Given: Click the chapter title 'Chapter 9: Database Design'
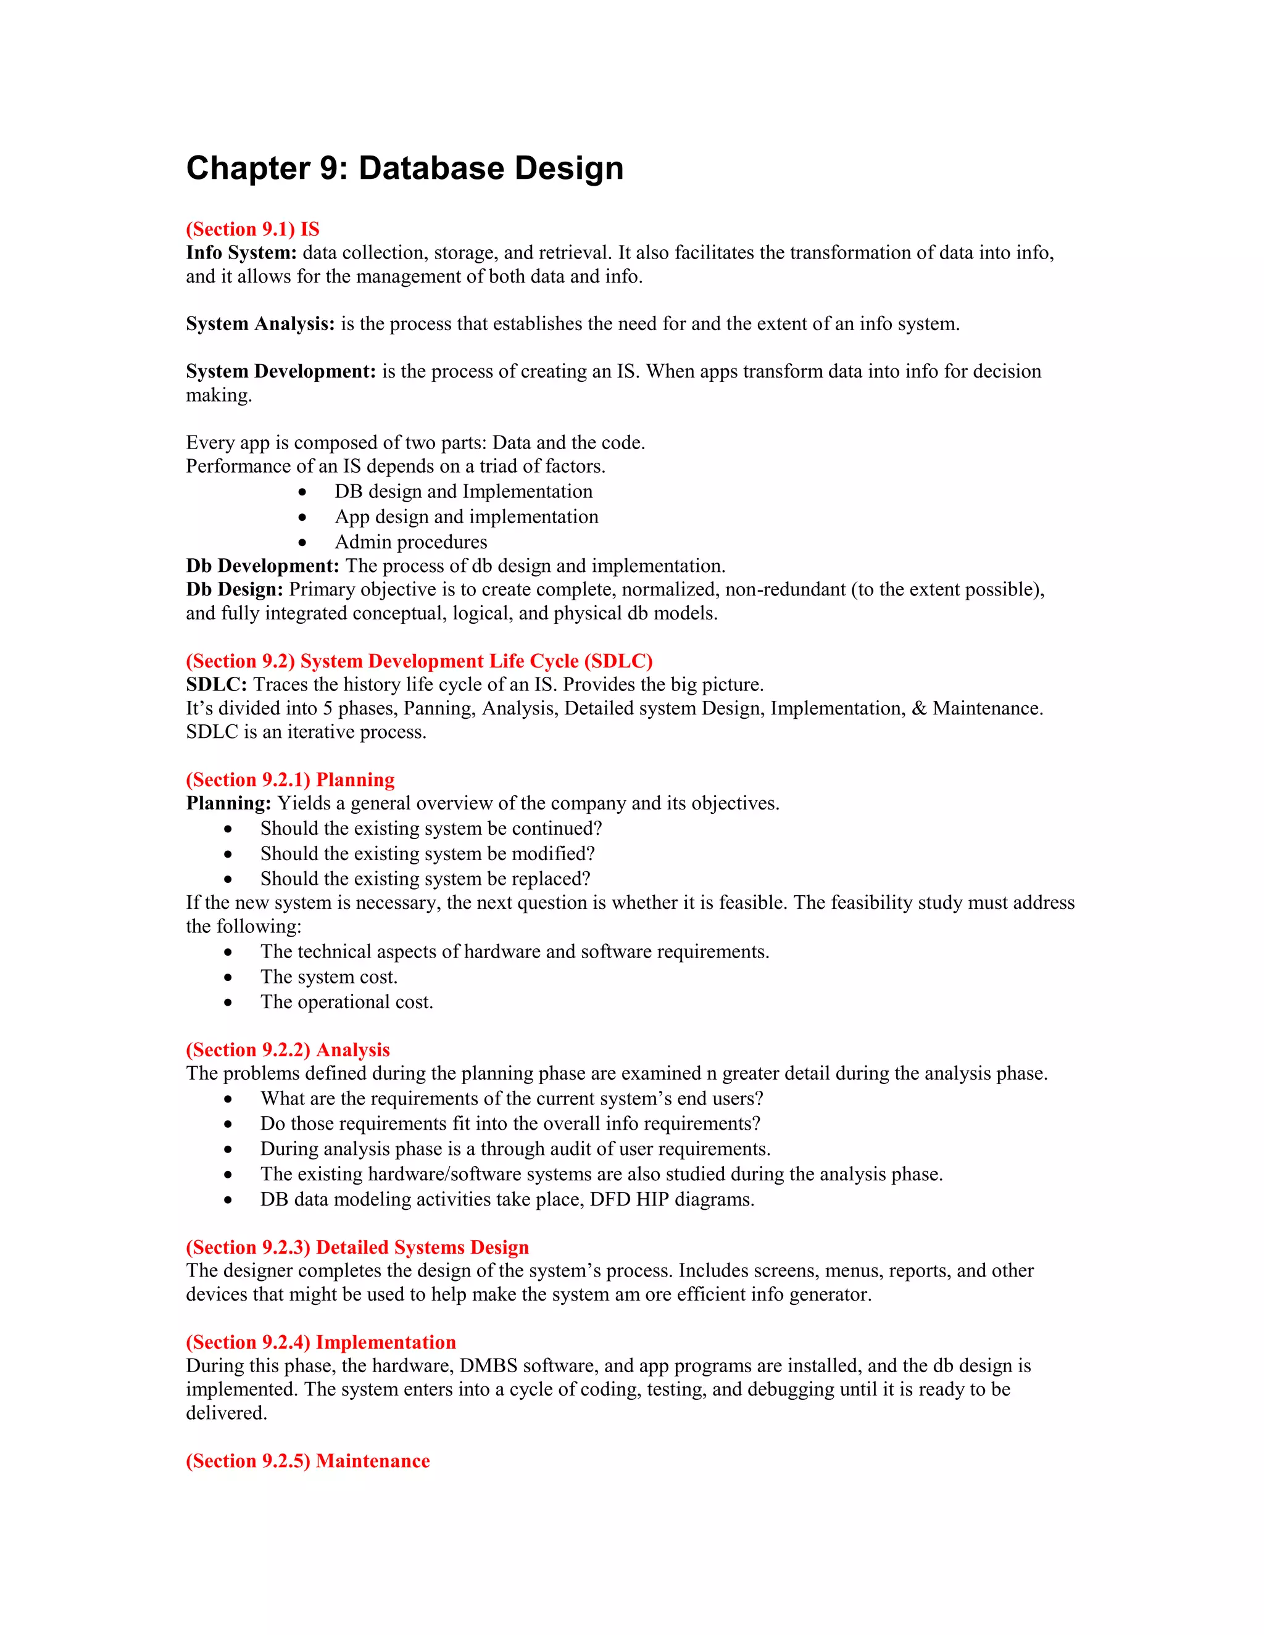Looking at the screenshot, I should [404, 168].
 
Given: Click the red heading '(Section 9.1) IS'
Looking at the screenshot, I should [252, 229].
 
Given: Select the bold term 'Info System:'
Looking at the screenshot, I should [241, 253].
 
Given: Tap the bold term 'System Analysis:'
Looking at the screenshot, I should [260, 324].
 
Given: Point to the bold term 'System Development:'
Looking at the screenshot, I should [281, 371].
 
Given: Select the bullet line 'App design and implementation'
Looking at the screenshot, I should [466, 516].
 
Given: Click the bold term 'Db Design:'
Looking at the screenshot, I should [235, 590].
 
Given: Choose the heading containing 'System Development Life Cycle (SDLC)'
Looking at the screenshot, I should [419, 661].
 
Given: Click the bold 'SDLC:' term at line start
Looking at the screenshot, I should [217, 685].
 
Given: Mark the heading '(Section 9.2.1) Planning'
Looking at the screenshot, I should [290, 780].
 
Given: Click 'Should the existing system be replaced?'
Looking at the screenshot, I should [425, 879].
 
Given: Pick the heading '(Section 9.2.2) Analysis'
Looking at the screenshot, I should [288, 1050].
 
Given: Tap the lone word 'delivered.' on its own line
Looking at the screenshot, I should [226, 1414].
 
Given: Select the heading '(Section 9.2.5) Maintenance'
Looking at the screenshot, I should [308, 1461].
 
